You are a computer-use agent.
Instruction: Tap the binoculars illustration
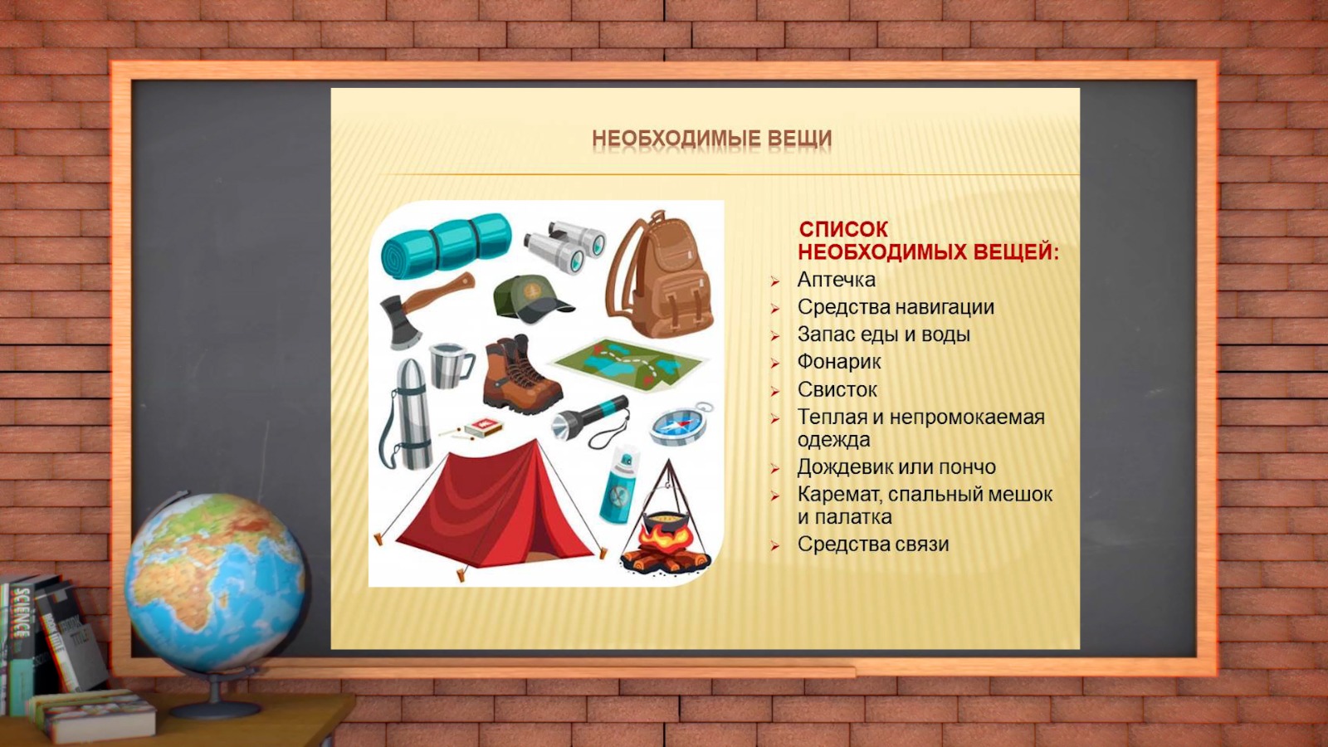click(x=565, y=247)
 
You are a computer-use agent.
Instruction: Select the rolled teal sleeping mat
click(x=446, y=246)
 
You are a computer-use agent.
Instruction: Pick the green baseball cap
click(x=530, y=300)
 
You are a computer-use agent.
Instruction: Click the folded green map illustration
click(x=630, y=364)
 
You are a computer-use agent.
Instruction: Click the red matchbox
click(x=483, y=427)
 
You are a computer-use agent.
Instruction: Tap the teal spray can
click(x=619, y=486)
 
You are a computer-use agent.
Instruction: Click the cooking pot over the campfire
click(x=666, y=524)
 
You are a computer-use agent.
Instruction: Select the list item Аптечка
click(x=836, y=280)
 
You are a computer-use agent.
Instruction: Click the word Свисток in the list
click(x=837, y=389)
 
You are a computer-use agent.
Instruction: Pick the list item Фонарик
click(x=839, y=362)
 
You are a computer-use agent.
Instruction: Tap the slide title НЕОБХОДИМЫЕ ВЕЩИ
click(x=711, y=139)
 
